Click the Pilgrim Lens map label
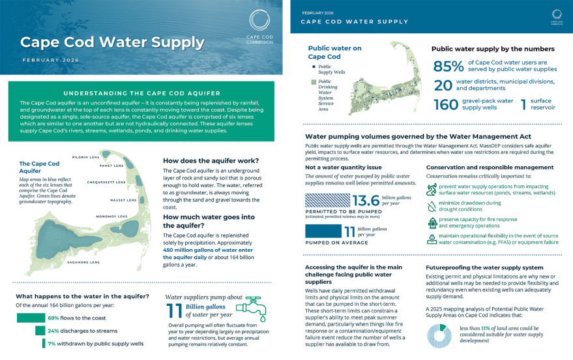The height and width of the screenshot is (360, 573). (x=85, y=157)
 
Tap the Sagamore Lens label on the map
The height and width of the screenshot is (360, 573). (x=85, y=262)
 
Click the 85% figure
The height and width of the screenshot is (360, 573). (x=447, y=66)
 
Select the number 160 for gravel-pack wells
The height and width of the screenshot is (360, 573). (x=446, y=105)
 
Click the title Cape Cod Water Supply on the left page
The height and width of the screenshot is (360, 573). (x=112, y=42)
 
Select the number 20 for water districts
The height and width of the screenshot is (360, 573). (x=443, y=85)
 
